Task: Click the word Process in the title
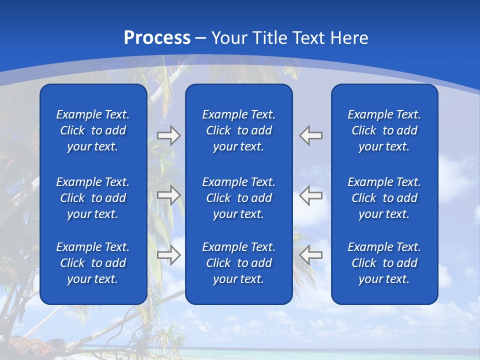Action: click(x=157, y=38)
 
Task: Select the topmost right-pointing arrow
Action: click(x=169, y=135)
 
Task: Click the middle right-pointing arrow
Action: click(x=169, y=195)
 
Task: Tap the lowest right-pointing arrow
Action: click(x=169, y=255)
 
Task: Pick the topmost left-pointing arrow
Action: click(x=311, y=135)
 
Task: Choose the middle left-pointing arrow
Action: click(x=311, y=195)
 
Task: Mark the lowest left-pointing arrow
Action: click(x=311, y=255)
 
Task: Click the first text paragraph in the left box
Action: click(x=93, y=130)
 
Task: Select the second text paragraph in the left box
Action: click(x=93, y=198)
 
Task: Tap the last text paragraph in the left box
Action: click(x=93, y=263)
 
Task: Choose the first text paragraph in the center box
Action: click(x=239, y=130)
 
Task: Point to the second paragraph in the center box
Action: click(x=239, y=198)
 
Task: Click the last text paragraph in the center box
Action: click(x=239, y=263)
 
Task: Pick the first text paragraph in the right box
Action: click(x=384, y=130)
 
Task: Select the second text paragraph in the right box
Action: click(x=384, y=198)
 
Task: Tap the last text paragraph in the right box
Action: click(x=384, y=263)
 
